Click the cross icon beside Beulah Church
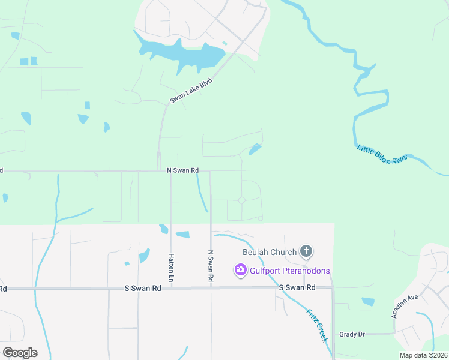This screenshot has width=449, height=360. coord(306,251)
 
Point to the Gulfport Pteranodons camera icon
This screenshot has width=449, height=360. coord(240,271)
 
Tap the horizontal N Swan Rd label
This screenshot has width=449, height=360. coord(183,171)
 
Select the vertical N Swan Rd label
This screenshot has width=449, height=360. coord(211,266)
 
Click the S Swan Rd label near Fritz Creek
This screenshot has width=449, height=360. coord(297,288)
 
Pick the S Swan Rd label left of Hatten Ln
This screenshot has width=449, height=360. coord(143,288)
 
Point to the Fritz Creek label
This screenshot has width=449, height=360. coord(317,325)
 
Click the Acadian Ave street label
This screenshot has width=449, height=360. coord(405,306)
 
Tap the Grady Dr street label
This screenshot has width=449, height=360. coord(352,334)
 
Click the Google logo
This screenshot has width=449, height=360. coord(20,353)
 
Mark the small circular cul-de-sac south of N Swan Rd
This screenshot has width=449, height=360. coord(241,200)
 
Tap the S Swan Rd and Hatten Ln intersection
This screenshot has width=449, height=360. coord(171,288)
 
